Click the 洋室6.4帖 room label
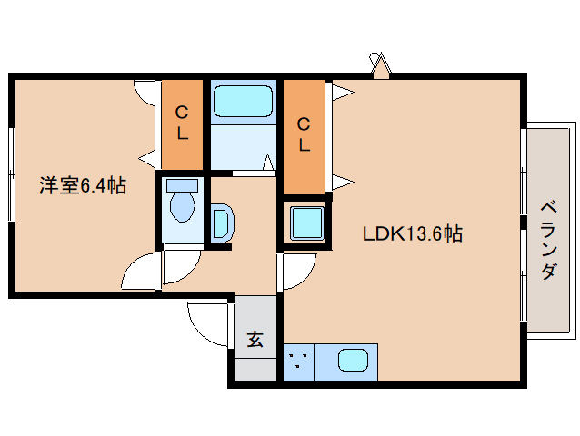click(82, 186)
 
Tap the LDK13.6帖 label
click(413, 233)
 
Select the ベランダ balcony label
click(547, 239)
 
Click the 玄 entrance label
click(255, 340)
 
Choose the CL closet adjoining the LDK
click(304, 134)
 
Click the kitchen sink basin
click(353, 360)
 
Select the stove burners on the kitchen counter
click(298, 362)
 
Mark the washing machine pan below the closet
click(303, 222)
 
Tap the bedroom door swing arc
click(141, 272)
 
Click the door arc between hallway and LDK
click(296, 270)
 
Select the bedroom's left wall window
click(11, 173)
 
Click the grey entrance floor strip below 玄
click(255, 370)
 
